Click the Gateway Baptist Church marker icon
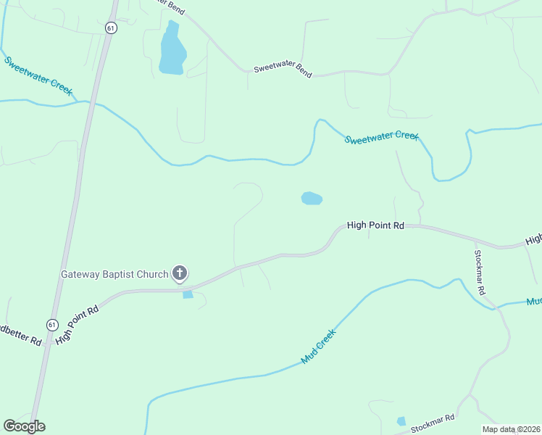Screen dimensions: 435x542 point(180,273)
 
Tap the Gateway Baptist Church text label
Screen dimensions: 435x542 point(114,274)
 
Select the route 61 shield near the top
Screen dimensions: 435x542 point(110,28)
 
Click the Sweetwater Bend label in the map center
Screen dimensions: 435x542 point(283,70)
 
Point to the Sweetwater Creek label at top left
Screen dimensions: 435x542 point(38,75)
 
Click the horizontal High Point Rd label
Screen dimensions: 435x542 point(375,225)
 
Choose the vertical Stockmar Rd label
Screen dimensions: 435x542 point(479,273)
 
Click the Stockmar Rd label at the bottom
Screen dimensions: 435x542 point(432,424)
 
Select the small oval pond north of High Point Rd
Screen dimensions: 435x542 point(312,198)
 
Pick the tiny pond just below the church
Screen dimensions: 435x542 point(188,294)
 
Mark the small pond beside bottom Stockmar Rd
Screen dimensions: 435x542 point(401,421)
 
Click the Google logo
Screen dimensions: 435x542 point(24,426)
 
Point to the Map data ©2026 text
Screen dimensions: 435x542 point(512,429)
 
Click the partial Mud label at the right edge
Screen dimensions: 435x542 point(534,301)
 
